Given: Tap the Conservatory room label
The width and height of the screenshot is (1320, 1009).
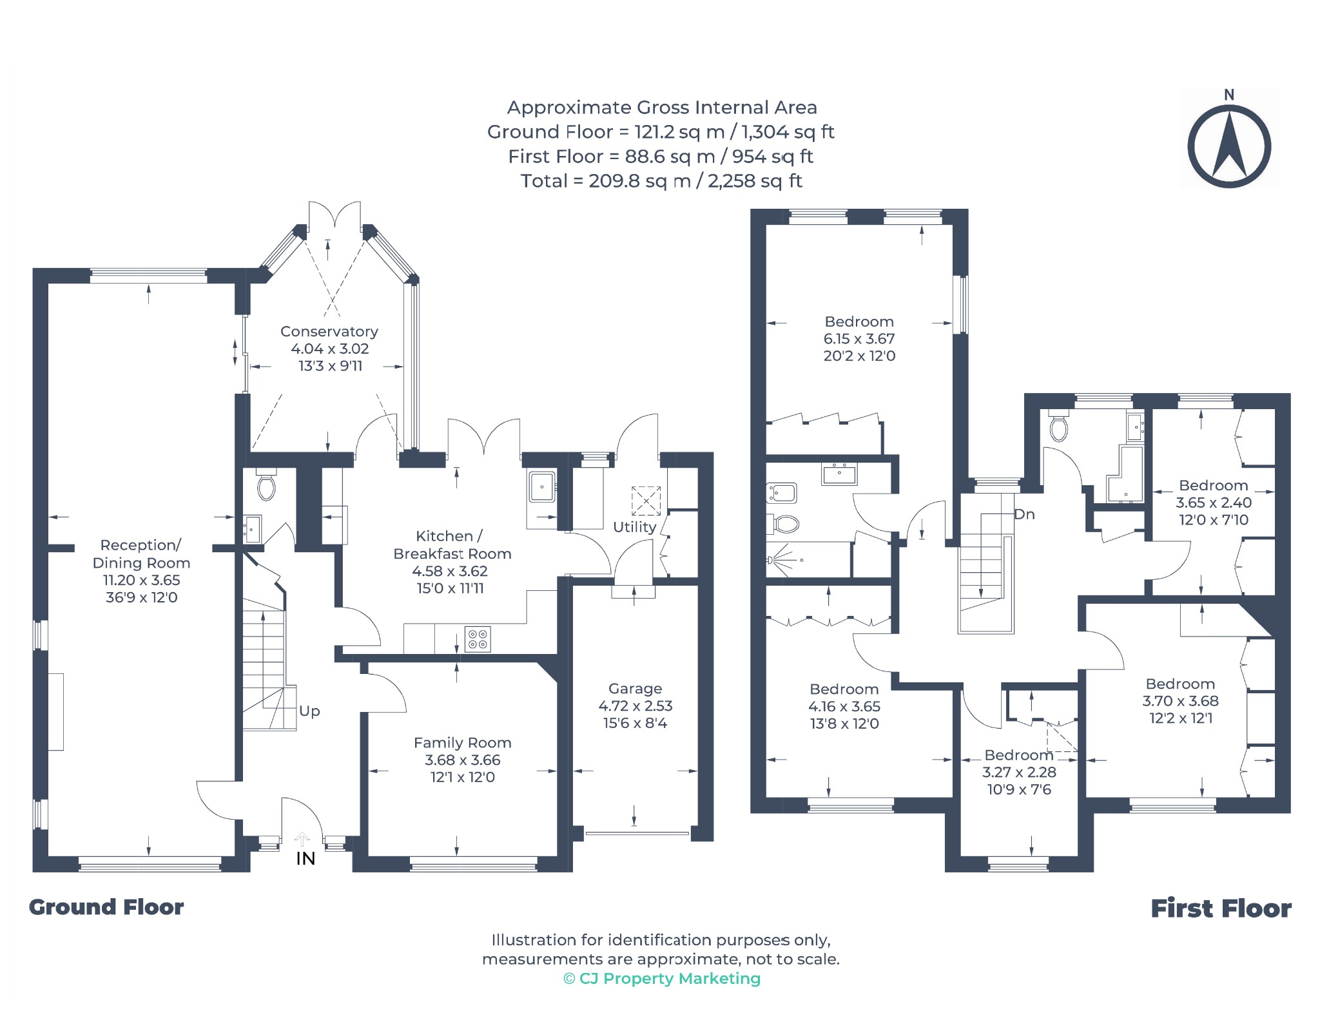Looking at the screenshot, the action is pos(329,331).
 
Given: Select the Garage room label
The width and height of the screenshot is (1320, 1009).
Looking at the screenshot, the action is pos(635,688).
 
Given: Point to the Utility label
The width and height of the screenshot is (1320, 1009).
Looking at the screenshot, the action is pos(635,527).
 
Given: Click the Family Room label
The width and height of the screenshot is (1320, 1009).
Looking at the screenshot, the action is pos(462,743).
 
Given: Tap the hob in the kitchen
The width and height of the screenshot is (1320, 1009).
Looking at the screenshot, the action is pos(478,639).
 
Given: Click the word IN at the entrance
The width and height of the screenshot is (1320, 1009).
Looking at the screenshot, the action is pos(306,858).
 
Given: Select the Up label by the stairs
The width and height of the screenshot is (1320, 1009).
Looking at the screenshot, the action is pos(309,711).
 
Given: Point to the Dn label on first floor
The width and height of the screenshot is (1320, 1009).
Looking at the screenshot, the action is pos(1024,514).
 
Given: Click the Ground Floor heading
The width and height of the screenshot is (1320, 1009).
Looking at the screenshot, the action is pos(106,907).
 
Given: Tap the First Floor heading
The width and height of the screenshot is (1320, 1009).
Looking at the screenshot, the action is pos(1221,908).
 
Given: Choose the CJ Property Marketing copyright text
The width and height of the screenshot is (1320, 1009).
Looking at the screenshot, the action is pos(662,979).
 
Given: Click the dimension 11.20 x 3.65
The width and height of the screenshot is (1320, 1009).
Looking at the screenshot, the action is pos(142,580).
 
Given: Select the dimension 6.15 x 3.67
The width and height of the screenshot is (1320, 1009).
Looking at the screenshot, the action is pos(859,339).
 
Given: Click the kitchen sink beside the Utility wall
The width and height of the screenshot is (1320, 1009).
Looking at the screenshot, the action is pos(541,486).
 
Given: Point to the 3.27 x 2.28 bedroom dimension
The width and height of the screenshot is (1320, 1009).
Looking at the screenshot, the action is pos(1019,772).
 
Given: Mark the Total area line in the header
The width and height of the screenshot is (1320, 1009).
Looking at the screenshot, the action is pos(661,181).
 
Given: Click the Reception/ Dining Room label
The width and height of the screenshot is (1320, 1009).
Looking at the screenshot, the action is pos(141,554).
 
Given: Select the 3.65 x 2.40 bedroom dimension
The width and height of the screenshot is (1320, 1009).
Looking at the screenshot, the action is pos(1214,503).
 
